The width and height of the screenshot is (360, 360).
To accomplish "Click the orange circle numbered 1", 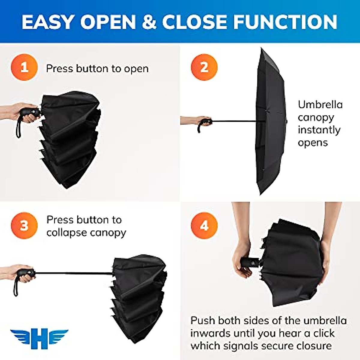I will point(24,67).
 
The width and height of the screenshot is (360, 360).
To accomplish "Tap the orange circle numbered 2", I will point(204,67).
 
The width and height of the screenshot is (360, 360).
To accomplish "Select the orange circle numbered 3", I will point(24,226).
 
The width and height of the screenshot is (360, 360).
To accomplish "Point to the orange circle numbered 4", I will point(204,226).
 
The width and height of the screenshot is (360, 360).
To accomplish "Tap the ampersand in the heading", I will point(149,22).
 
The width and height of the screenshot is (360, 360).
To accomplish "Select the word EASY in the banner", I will point(48,22).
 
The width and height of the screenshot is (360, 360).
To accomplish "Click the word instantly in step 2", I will point(319,130).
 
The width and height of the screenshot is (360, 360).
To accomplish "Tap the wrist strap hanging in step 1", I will point(18,127).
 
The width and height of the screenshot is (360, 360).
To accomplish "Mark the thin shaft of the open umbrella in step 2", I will point(234,121).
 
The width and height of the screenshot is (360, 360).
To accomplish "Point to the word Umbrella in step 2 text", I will point(320,105).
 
